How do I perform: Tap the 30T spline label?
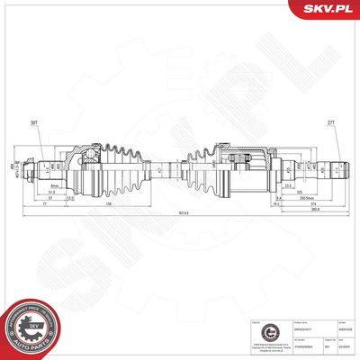[34, 123]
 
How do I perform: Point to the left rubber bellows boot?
[117, 166]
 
